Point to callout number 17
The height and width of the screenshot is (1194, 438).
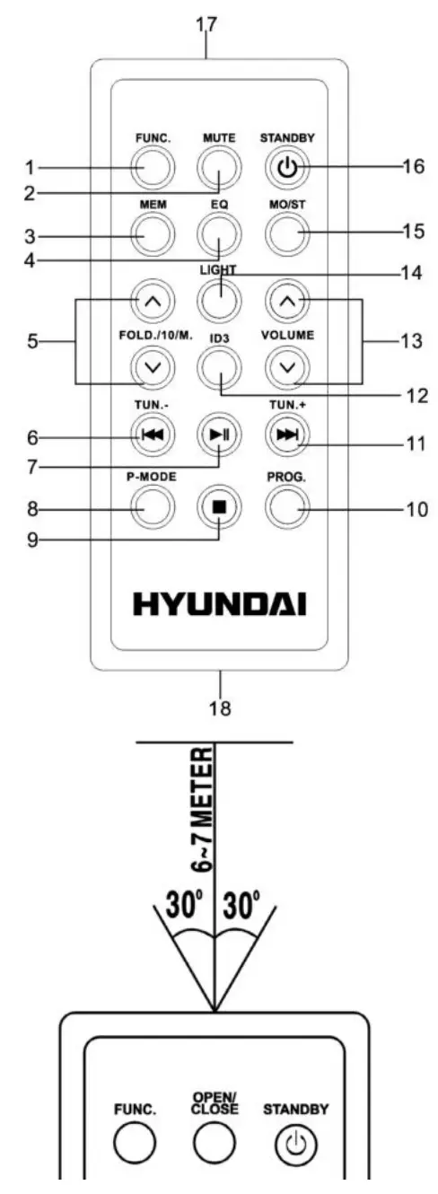tap(206, 25)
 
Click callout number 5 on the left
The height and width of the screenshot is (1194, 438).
tap(33, 342)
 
